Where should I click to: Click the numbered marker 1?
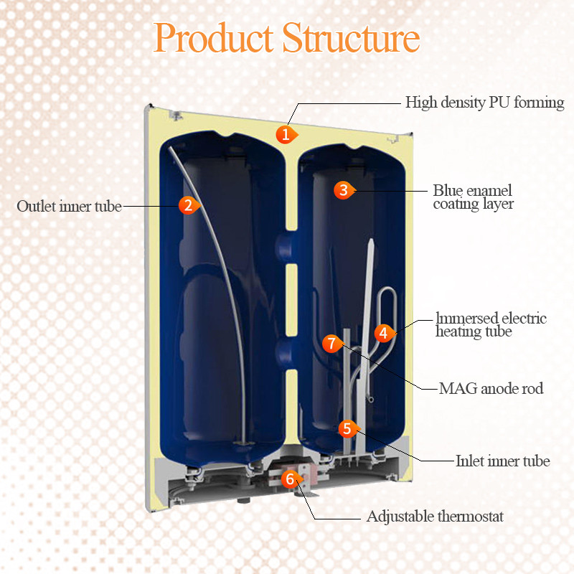tap(286, 133)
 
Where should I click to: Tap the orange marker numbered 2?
tap(187, 205)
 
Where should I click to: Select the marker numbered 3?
tap(344, 190)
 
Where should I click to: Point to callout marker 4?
tap(384, 333)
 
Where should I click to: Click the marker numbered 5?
tap(347, 429)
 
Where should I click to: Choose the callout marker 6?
tap(290, 479)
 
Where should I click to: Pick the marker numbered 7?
tap(331, 344)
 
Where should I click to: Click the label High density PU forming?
tap(484, 102)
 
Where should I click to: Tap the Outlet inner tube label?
tap(69, 206)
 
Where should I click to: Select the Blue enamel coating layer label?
tap(473, 197)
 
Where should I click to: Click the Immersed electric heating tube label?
tap(491, 325)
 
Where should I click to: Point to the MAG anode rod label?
tap(491, 389)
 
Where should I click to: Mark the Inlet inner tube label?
tap(502, 461)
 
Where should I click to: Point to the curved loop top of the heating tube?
tap(387, 294)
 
